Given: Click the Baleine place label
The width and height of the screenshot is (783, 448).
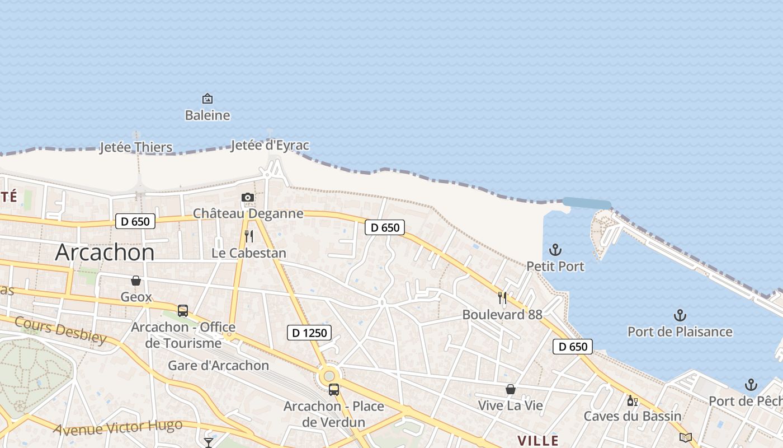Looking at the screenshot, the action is point(207,115).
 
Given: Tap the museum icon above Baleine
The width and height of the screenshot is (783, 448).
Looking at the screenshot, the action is point(207,99).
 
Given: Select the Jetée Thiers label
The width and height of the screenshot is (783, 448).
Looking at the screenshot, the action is point(136,148).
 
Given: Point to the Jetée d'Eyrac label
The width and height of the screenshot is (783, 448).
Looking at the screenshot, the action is point(270,146).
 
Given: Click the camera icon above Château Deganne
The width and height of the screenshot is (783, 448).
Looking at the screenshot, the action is point(248,197).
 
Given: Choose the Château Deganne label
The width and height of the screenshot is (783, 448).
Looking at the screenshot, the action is point(248,213).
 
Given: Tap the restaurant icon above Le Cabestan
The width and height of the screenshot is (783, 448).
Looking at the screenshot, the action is point(249,236).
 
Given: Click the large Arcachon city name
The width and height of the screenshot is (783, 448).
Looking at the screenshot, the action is point(105,253).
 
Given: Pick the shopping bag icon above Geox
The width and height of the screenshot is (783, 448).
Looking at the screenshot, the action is point(136,281).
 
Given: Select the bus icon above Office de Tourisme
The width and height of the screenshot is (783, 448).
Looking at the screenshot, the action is point(183,311).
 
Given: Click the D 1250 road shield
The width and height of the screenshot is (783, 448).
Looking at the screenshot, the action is point(309,333).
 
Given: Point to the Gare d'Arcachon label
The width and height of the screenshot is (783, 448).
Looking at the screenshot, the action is point(219,366).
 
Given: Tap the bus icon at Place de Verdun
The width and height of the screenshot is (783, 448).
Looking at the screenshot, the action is point(334,389).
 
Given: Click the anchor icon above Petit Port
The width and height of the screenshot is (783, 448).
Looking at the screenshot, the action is point(555,250).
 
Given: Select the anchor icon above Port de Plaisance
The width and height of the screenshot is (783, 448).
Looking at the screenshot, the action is point(680,315).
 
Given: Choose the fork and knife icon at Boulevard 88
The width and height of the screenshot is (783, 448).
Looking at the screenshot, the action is point(502,298).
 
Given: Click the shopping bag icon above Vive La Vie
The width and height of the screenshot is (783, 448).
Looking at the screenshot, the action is point(511,389).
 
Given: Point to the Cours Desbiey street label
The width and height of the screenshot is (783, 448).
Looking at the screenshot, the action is point(60,330).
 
